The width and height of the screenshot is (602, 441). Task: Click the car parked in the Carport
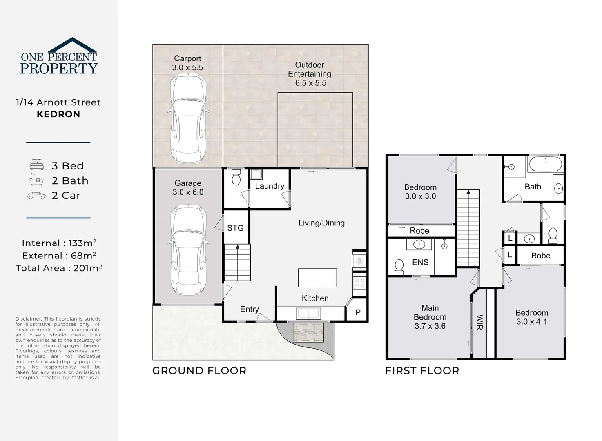click(x=188, y=118)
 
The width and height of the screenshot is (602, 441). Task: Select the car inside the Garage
click(x=188, y=249)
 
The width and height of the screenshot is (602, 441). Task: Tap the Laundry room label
click(x=270, y=186)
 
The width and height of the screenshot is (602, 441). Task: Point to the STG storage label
click(x=235, y=228)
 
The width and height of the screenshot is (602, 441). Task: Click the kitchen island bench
click(x=317, y=278)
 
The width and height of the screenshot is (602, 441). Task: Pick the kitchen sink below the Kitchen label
click(x=308, y=313)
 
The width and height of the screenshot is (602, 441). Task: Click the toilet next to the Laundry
click(x=236, y=178)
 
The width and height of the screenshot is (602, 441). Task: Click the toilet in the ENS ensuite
click(x=399, y=267)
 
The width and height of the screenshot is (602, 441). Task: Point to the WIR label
click(x=480, y=322)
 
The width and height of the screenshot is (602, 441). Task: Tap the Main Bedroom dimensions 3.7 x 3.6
click(x=430, y=326)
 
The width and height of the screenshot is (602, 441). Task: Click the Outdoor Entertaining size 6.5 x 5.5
click(x=311, y=83)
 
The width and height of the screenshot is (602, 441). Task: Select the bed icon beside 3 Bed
click(x=36, y=165)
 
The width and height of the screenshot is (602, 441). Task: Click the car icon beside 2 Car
click(x=37, y=196)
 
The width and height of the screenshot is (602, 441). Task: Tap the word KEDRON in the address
click(x=58, y=114)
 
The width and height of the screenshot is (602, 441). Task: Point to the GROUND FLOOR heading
click(x=199, y=371)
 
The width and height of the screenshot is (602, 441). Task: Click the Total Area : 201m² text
click(x=59, y=268)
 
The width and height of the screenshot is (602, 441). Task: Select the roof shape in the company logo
click(x=72, y=45)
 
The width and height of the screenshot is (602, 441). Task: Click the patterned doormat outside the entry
click(x=308, y=332)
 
